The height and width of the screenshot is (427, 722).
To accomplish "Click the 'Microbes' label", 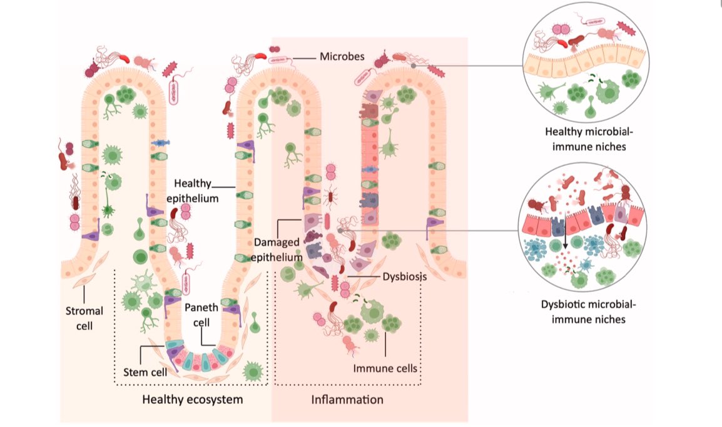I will (x=342, y=56).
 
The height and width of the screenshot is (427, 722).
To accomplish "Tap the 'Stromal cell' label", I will (x=84, y=317).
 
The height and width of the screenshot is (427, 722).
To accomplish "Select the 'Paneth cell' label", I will (x=201, y=314).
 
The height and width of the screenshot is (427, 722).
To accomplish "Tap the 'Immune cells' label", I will (x=385, y=369).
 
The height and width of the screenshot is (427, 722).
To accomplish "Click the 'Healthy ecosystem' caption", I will (x=192, y=399).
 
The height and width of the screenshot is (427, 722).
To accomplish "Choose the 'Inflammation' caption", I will (x=347, y=399).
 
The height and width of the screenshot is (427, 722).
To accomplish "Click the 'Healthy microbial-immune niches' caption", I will (x=584, y=139).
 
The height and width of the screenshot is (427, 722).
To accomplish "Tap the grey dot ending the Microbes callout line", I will (x=414, y=65).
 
